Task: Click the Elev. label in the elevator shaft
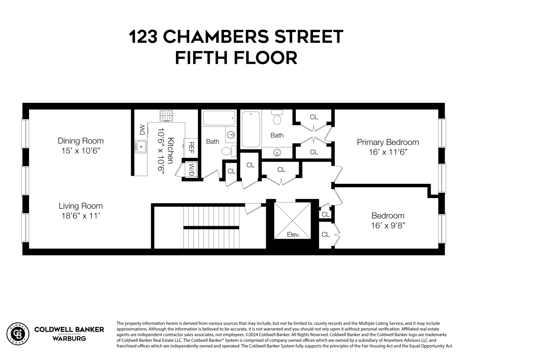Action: pyautogui.click(x=293, y=235)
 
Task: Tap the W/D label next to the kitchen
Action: pyautogui.click(x=191, y=170)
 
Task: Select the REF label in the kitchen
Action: pyautogui.click(x=191, y=147)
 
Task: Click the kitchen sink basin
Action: pyautogui.click(x=140, y=146)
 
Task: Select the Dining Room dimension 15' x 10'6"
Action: pyautogui.click(x=81, y=151)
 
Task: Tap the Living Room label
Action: pyautogui.click(x=81, y=206)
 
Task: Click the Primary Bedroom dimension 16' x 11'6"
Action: pyautogui.click(x=388, y=152)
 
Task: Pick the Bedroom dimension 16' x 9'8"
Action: pyautogui.click(x=388, y=226)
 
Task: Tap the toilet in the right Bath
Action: pyautogui.click(x=277, y=118)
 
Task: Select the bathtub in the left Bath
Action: pyautogui.click(x=219, y=118)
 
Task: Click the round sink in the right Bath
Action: pyautogui.click(x=277, y=152)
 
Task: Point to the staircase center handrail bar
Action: pyautogui.click(x=211, y=228)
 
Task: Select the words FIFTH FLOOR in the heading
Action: pyautogui.click(x=236, y=58)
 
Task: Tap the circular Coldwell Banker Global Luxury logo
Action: pyautogui.click(x=18, y=333)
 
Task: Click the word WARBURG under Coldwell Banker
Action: pyautogui.click(x=69, y=338)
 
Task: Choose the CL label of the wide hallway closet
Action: pyautogui.click(x=281, y=170)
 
